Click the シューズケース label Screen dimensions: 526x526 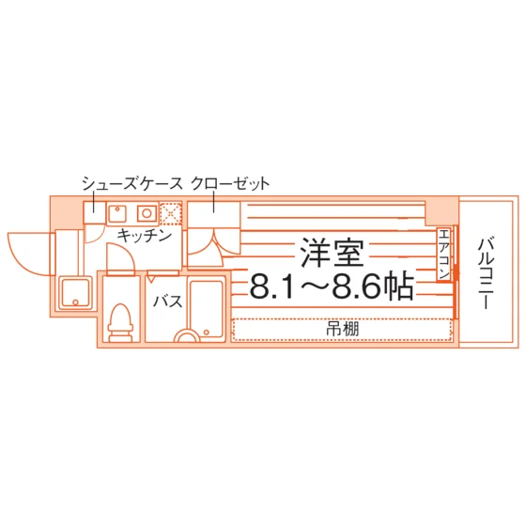coord(132,183)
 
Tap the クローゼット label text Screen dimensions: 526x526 coord(230,183)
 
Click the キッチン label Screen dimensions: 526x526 coord(145,235)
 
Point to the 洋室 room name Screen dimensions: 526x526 coord(332,253)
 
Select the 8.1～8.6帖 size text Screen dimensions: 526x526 coord(332,286)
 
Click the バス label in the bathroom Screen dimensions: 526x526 coord(168,302)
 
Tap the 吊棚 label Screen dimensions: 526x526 coord(343,329)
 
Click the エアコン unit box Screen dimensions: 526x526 coord(443,255)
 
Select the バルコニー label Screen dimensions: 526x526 coord(486,273)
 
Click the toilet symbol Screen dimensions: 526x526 coord(120,322)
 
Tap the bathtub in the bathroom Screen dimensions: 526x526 coord(207,311)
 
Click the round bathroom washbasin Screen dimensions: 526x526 coord(187,335)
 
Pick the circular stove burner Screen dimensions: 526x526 coord(147,213)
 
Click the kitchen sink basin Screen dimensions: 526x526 coord(117,213)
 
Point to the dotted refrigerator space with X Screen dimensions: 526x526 coord(171,213)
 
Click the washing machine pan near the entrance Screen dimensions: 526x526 coord(75,293)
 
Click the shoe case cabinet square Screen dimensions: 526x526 coord(94,213)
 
